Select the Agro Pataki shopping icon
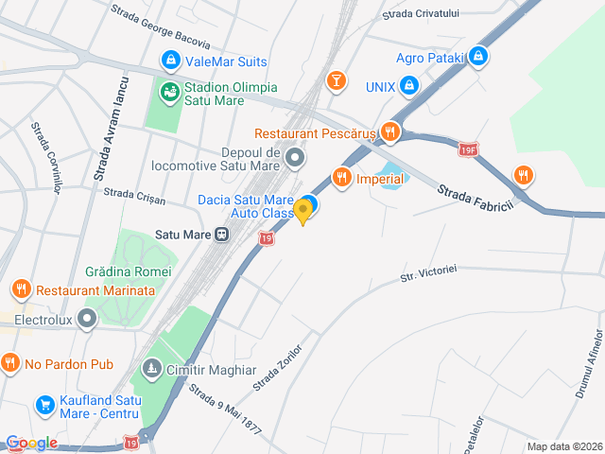click(479, 57)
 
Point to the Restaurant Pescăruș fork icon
click(389, 132)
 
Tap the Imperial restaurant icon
click(342, 177)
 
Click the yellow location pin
click(302, 211)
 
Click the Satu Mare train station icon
click(221, 234)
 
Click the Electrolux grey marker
click(88, 319)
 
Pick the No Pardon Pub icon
click(10, 363)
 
